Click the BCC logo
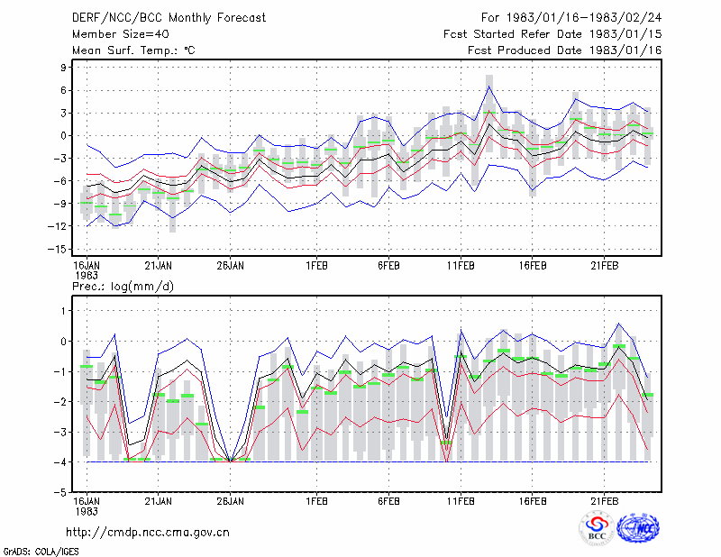tap(597, 529)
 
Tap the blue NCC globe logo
tap(638, 528)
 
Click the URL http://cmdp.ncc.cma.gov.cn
tap(148, 533)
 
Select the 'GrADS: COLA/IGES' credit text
tap(41, 552)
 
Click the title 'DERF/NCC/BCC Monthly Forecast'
tap(169, 18)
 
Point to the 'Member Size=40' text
tap(121, 34)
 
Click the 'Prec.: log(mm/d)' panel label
tap(123, 287)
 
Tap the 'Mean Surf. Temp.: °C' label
tap(133, 50)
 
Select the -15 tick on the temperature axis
tap(57, 250)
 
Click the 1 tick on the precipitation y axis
tap(63, 311)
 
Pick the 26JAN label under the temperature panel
tap(230, 266)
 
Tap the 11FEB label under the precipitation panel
tap(461, 501)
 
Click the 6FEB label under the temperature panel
tap(388, 266)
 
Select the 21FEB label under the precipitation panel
tap(604, 501)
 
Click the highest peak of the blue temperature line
tap(489, 86)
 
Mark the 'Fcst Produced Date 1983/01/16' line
tap(565, 50)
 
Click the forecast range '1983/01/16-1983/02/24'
tap(584, 18)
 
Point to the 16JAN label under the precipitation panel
tap(87, 506)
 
